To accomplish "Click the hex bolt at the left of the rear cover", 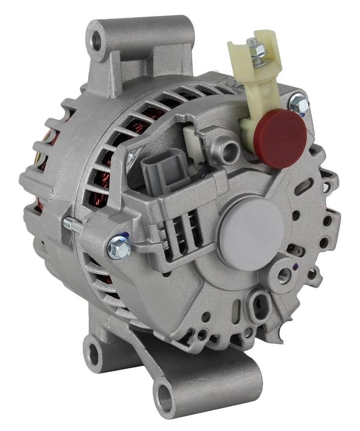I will [119, 247].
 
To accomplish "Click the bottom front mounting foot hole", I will [165, 398].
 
